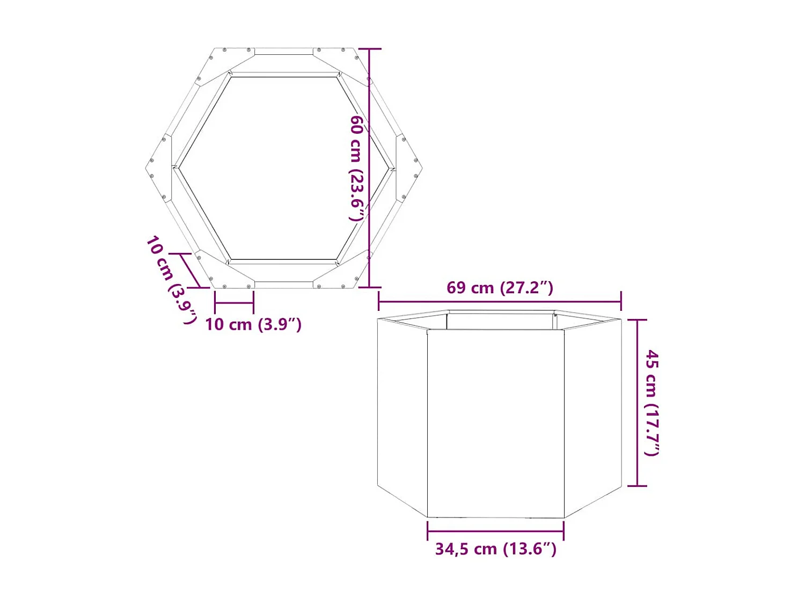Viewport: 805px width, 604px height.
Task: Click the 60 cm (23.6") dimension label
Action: [357, 168]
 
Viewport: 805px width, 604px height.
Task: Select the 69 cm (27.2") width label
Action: [500, 288]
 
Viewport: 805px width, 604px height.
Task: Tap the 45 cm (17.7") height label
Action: [652, 403]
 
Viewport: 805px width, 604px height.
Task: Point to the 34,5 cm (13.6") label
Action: [495, 549]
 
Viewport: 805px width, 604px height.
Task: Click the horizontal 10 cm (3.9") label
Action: [253, 324]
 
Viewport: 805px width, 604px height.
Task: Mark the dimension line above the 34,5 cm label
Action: [495, 531]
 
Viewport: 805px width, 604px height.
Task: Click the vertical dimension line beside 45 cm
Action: [637, 403]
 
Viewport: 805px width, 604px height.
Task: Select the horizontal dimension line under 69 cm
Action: [500, 301]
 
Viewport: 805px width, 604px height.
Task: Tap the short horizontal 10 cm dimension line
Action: [234, 303]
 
